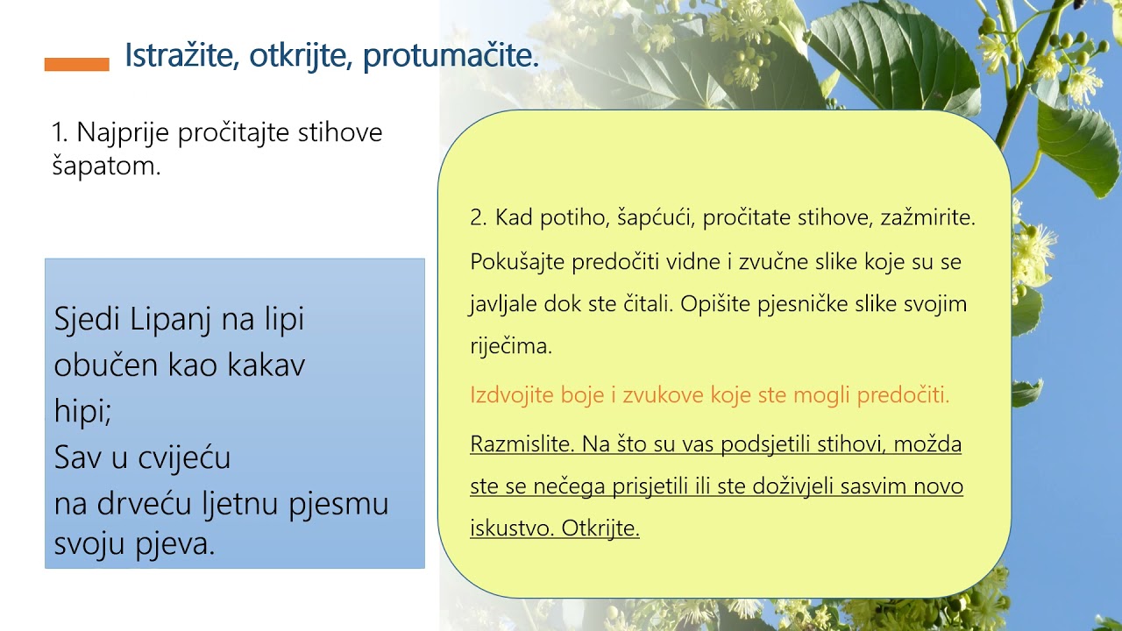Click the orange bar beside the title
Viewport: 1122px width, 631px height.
77,64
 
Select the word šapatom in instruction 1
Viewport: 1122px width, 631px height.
106,167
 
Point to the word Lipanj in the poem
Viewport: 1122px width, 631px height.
171,319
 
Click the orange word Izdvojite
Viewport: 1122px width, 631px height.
511,395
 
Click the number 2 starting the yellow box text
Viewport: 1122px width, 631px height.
478,218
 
